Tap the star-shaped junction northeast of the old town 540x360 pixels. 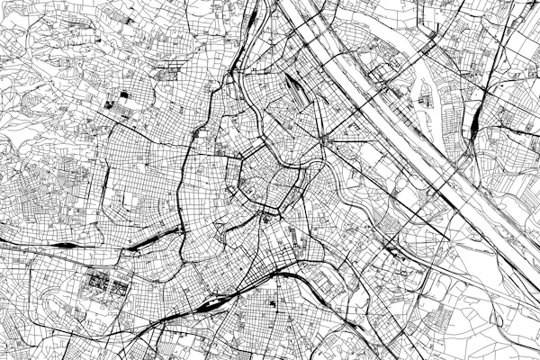click(325, 142)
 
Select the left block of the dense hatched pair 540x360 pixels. click(96, 284)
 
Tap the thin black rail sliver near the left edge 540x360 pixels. click(63, 244)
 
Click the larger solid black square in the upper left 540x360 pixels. click(125, 94)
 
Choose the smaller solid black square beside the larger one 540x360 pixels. click(110, 104)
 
